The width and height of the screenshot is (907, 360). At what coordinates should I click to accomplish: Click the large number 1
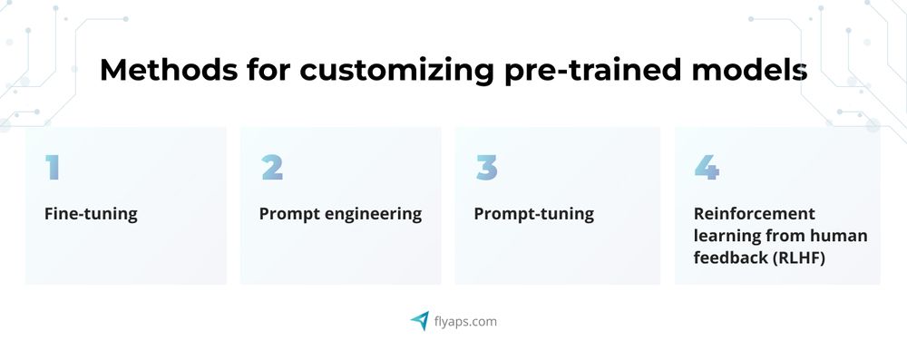[53, 168]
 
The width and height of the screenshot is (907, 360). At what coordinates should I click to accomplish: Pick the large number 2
[271, 168]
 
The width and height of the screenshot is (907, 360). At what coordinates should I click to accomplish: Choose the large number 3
[486, 168]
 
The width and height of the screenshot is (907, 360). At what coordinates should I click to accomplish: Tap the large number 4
[707, 168]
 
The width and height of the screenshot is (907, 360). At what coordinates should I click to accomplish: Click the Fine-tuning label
[91, 215]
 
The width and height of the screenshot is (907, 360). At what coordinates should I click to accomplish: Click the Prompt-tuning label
[533, 215]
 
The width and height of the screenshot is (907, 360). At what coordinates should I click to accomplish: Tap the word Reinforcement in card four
[755, 215]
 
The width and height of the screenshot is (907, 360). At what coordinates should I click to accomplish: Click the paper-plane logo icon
[419, 320]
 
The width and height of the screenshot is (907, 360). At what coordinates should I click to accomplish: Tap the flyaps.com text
[465, 321]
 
